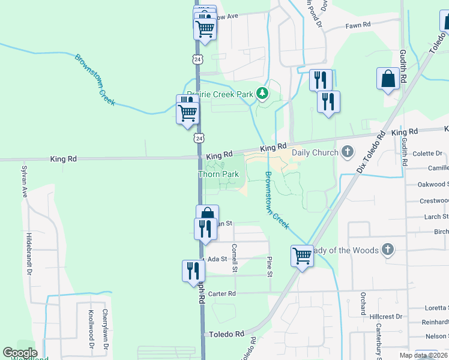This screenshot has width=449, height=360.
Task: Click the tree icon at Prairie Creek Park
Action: pyautogui.click(x=262, y=94)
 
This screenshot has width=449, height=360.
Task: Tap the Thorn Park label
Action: pyautogui.click(x=218, y=175)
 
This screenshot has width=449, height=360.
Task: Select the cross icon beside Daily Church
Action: pyautogui.click(x=347, y=152)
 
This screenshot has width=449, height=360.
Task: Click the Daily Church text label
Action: pyautogui.click(x=315, y=152)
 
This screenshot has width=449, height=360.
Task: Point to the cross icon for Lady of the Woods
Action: pyautogui.click(x=388, y=250)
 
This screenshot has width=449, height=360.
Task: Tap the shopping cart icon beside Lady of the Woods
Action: pyautogui.click(x=302, y=256)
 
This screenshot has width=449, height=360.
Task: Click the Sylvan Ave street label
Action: pyautogui.click(x=25, y=182)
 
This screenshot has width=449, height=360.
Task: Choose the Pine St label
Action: pyautogui.click(x=270, y=266)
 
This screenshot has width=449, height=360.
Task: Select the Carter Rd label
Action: pyautogui.click(x=222, y=294)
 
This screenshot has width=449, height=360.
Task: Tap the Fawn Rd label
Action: pyautogui.click(x=358, y=25)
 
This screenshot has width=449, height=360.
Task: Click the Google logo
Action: pyautogui.click(x=20, y=353)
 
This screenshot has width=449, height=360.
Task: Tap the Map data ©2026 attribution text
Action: pyautogui.click(x=423, y=355)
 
